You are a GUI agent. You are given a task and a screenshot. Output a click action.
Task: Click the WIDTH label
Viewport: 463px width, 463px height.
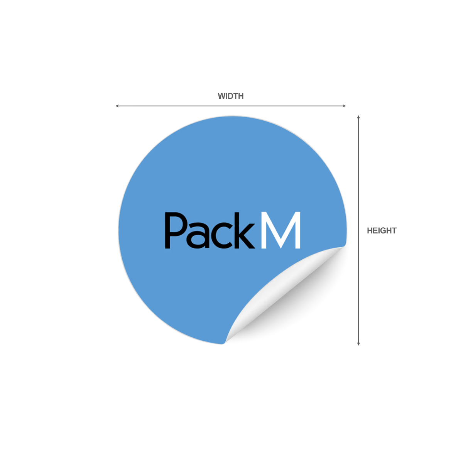click(x=230, y=96)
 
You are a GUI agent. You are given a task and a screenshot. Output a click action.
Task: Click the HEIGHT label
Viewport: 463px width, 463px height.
click(x=382, y=230)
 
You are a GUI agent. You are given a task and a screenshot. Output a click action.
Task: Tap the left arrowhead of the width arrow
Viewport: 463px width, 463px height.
click(x=117, y=106)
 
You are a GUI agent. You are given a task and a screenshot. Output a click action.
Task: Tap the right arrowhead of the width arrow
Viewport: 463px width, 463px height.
click(x=344, y=106)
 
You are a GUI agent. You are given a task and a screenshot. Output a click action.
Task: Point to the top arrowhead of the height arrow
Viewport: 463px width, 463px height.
click(x=358, y=117)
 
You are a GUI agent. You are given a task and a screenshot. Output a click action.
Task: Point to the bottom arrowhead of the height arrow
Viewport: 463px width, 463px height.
click(x=358, y=344)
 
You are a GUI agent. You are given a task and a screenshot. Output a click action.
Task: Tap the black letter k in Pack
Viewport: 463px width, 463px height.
click(x=245, y=230)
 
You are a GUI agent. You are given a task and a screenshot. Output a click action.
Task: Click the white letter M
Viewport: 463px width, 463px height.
click(x=281, y=230)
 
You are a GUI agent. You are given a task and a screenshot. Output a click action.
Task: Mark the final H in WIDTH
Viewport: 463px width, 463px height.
click(x=241, y=96)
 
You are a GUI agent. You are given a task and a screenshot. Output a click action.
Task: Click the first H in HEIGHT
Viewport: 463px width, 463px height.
click(x=370, y=230)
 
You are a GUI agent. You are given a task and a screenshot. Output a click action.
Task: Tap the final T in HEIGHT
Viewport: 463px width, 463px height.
click(x=394, y=230)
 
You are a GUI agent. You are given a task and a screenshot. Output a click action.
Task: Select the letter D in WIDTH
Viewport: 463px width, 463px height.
click(x=230, y=96)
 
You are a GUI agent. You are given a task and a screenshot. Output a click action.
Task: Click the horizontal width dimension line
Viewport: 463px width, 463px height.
click(x=231, y=106)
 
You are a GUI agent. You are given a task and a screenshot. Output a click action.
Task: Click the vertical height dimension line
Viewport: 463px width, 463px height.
click(x=358, y=230)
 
